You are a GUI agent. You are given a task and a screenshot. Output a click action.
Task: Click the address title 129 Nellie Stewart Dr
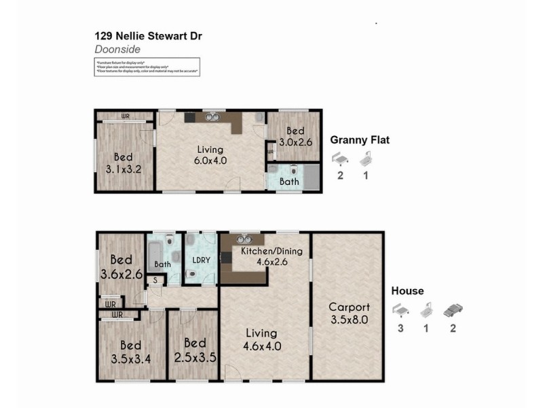(x=147, y=37)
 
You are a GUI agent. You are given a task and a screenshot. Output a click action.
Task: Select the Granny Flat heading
(x=360, y=141)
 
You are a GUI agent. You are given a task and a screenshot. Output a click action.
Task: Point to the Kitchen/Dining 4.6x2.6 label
(x=271, y=256)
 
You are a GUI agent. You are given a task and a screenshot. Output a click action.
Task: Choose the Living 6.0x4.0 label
(x=210, y=155)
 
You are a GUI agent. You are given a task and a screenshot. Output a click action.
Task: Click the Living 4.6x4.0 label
(x=261, y=339)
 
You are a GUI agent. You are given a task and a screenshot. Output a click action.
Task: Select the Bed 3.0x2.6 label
(x=294, y=137)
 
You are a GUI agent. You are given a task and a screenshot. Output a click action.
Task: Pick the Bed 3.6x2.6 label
(x=121, y=267)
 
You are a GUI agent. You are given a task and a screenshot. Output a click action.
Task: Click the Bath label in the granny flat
(x=289, y=182)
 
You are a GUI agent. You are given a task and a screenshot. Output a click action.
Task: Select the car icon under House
(x=453, y=310)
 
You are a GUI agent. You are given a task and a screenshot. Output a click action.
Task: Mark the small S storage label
(x=155, y=279)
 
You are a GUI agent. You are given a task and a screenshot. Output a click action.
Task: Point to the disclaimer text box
(x=147, y=67)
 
